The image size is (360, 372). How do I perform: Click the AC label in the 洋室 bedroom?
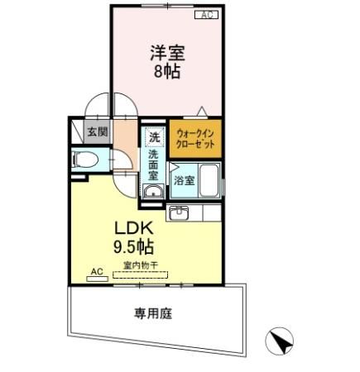click(206, 15)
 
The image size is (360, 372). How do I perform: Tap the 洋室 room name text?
click(166, 52)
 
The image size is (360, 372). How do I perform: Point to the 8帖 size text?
click(166, 70)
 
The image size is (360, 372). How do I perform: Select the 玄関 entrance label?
click(98, 131)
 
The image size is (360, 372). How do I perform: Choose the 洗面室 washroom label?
click(154, 165)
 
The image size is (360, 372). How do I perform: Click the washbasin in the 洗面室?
click(151, 193)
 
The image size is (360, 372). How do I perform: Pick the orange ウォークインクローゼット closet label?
click(195, 139)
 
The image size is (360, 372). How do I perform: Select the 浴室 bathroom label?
click(185, 181)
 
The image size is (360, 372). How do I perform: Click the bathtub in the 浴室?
click(209, 180)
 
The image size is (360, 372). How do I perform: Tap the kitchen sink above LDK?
click(180, 213)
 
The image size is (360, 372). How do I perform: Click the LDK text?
click(132, 227)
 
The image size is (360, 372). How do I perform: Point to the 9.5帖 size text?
click(132, 246)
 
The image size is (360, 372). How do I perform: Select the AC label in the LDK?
click(96, 270)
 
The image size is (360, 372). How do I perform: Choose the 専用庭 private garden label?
click(153, 312)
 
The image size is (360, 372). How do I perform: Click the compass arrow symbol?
click(279, 341)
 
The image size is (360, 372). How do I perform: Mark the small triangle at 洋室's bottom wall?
click(200, 111)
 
